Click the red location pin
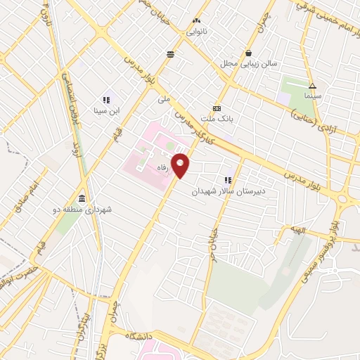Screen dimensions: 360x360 click(181, 165)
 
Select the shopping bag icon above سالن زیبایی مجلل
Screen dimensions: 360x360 click(249, 53)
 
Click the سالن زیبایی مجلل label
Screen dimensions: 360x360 click(248, 64)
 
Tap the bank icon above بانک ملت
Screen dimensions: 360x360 click(217, 108)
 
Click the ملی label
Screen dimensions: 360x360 click(165, 99)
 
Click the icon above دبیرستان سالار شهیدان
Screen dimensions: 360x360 click(228, 181)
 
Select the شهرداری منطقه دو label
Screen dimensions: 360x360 click(82, 209)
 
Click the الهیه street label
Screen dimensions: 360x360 click(290, 229)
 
